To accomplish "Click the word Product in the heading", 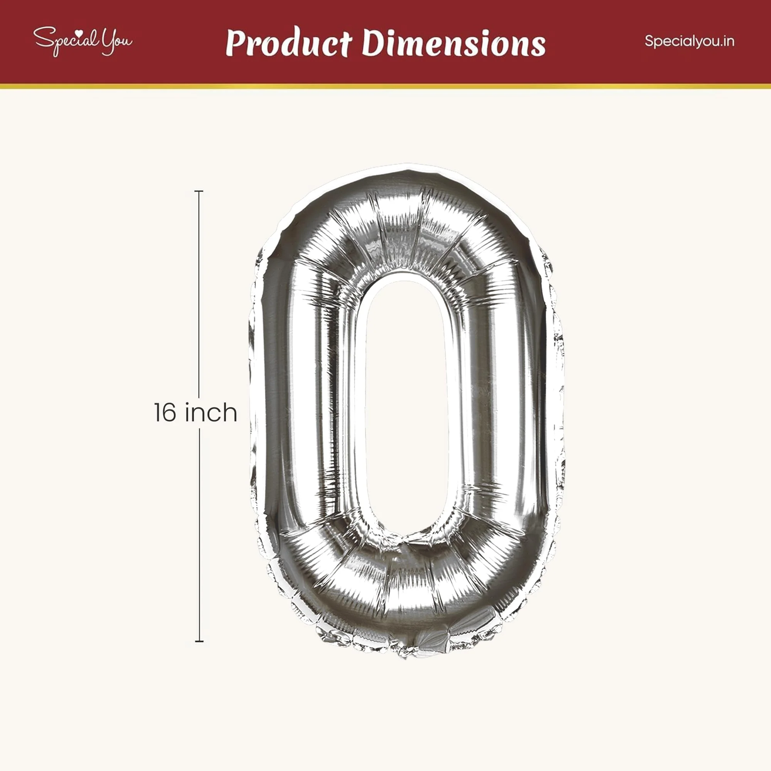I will (x=288, y=43).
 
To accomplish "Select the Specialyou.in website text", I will (x=689, y=41).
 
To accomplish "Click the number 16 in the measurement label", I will (x=165, y=412).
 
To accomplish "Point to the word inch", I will (x=211, y=412).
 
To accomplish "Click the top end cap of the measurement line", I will (x=199, y=192).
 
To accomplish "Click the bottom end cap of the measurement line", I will (x=199, y=641).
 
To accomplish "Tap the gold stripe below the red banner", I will (x=385, y=86).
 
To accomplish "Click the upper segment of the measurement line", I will (x=199, y=295).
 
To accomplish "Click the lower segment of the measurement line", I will (x=199, y=535).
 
